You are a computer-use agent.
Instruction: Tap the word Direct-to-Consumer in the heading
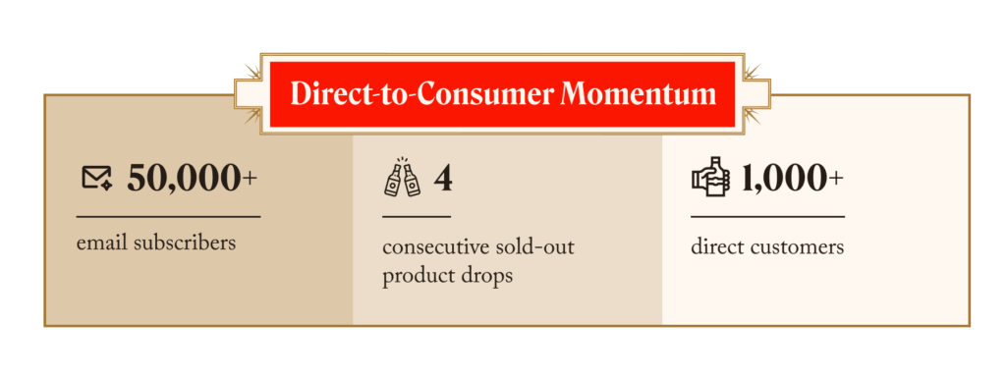point(421,94)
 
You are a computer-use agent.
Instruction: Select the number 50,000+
point(192,178)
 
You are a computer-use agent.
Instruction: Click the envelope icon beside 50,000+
point(97,178)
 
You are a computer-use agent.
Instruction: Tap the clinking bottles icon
point(402,177)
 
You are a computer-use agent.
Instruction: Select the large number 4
point(443,178)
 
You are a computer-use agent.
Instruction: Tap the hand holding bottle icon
point(711,176)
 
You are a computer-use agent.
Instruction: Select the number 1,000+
point(793,178)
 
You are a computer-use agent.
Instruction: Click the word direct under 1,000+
point(713,247)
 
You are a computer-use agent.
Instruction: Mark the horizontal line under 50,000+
point(168,217)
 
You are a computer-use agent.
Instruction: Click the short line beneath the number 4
point(417,217)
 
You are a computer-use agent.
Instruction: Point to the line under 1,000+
point(767,217)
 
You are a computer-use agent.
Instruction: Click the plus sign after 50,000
point(250,179)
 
